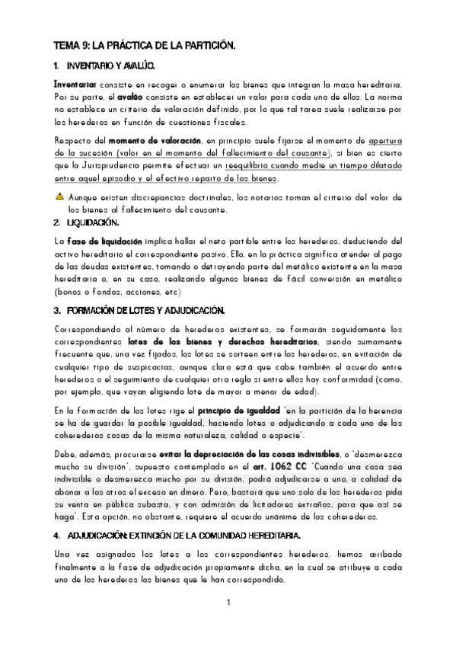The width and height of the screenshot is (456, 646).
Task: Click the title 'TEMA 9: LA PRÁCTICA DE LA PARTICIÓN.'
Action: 145,46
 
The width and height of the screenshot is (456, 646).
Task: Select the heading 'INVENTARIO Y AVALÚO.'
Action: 110,67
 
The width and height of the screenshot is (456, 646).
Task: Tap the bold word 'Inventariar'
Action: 75,84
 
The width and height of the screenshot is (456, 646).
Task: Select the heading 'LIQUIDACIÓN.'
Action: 93,222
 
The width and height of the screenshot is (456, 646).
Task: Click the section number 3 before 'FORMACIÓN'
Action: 57,311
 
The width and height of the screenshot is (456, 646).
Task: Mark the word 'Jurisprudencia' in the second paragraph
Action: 115,166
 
